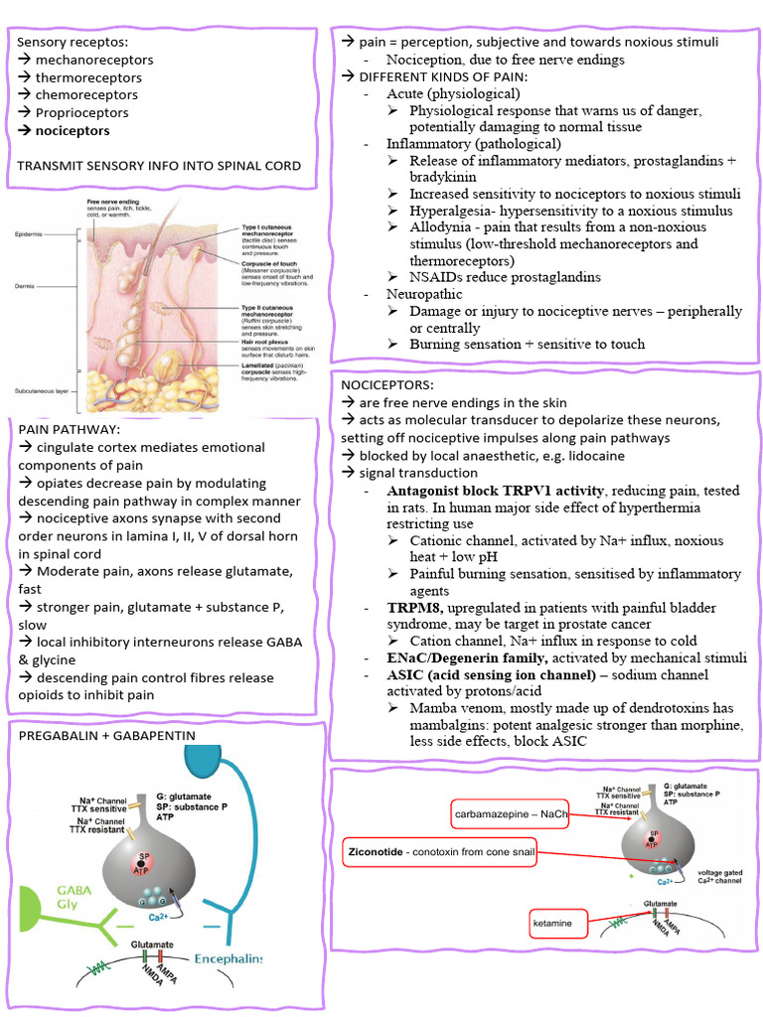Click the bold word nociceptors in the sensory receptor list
pos(73,130)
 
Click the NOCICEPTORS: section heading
pos(386,385)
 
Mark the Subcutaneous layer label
pos(42,392)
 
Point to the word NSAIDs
pos(438,277)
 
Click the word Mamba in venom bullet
pos(432,708)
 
